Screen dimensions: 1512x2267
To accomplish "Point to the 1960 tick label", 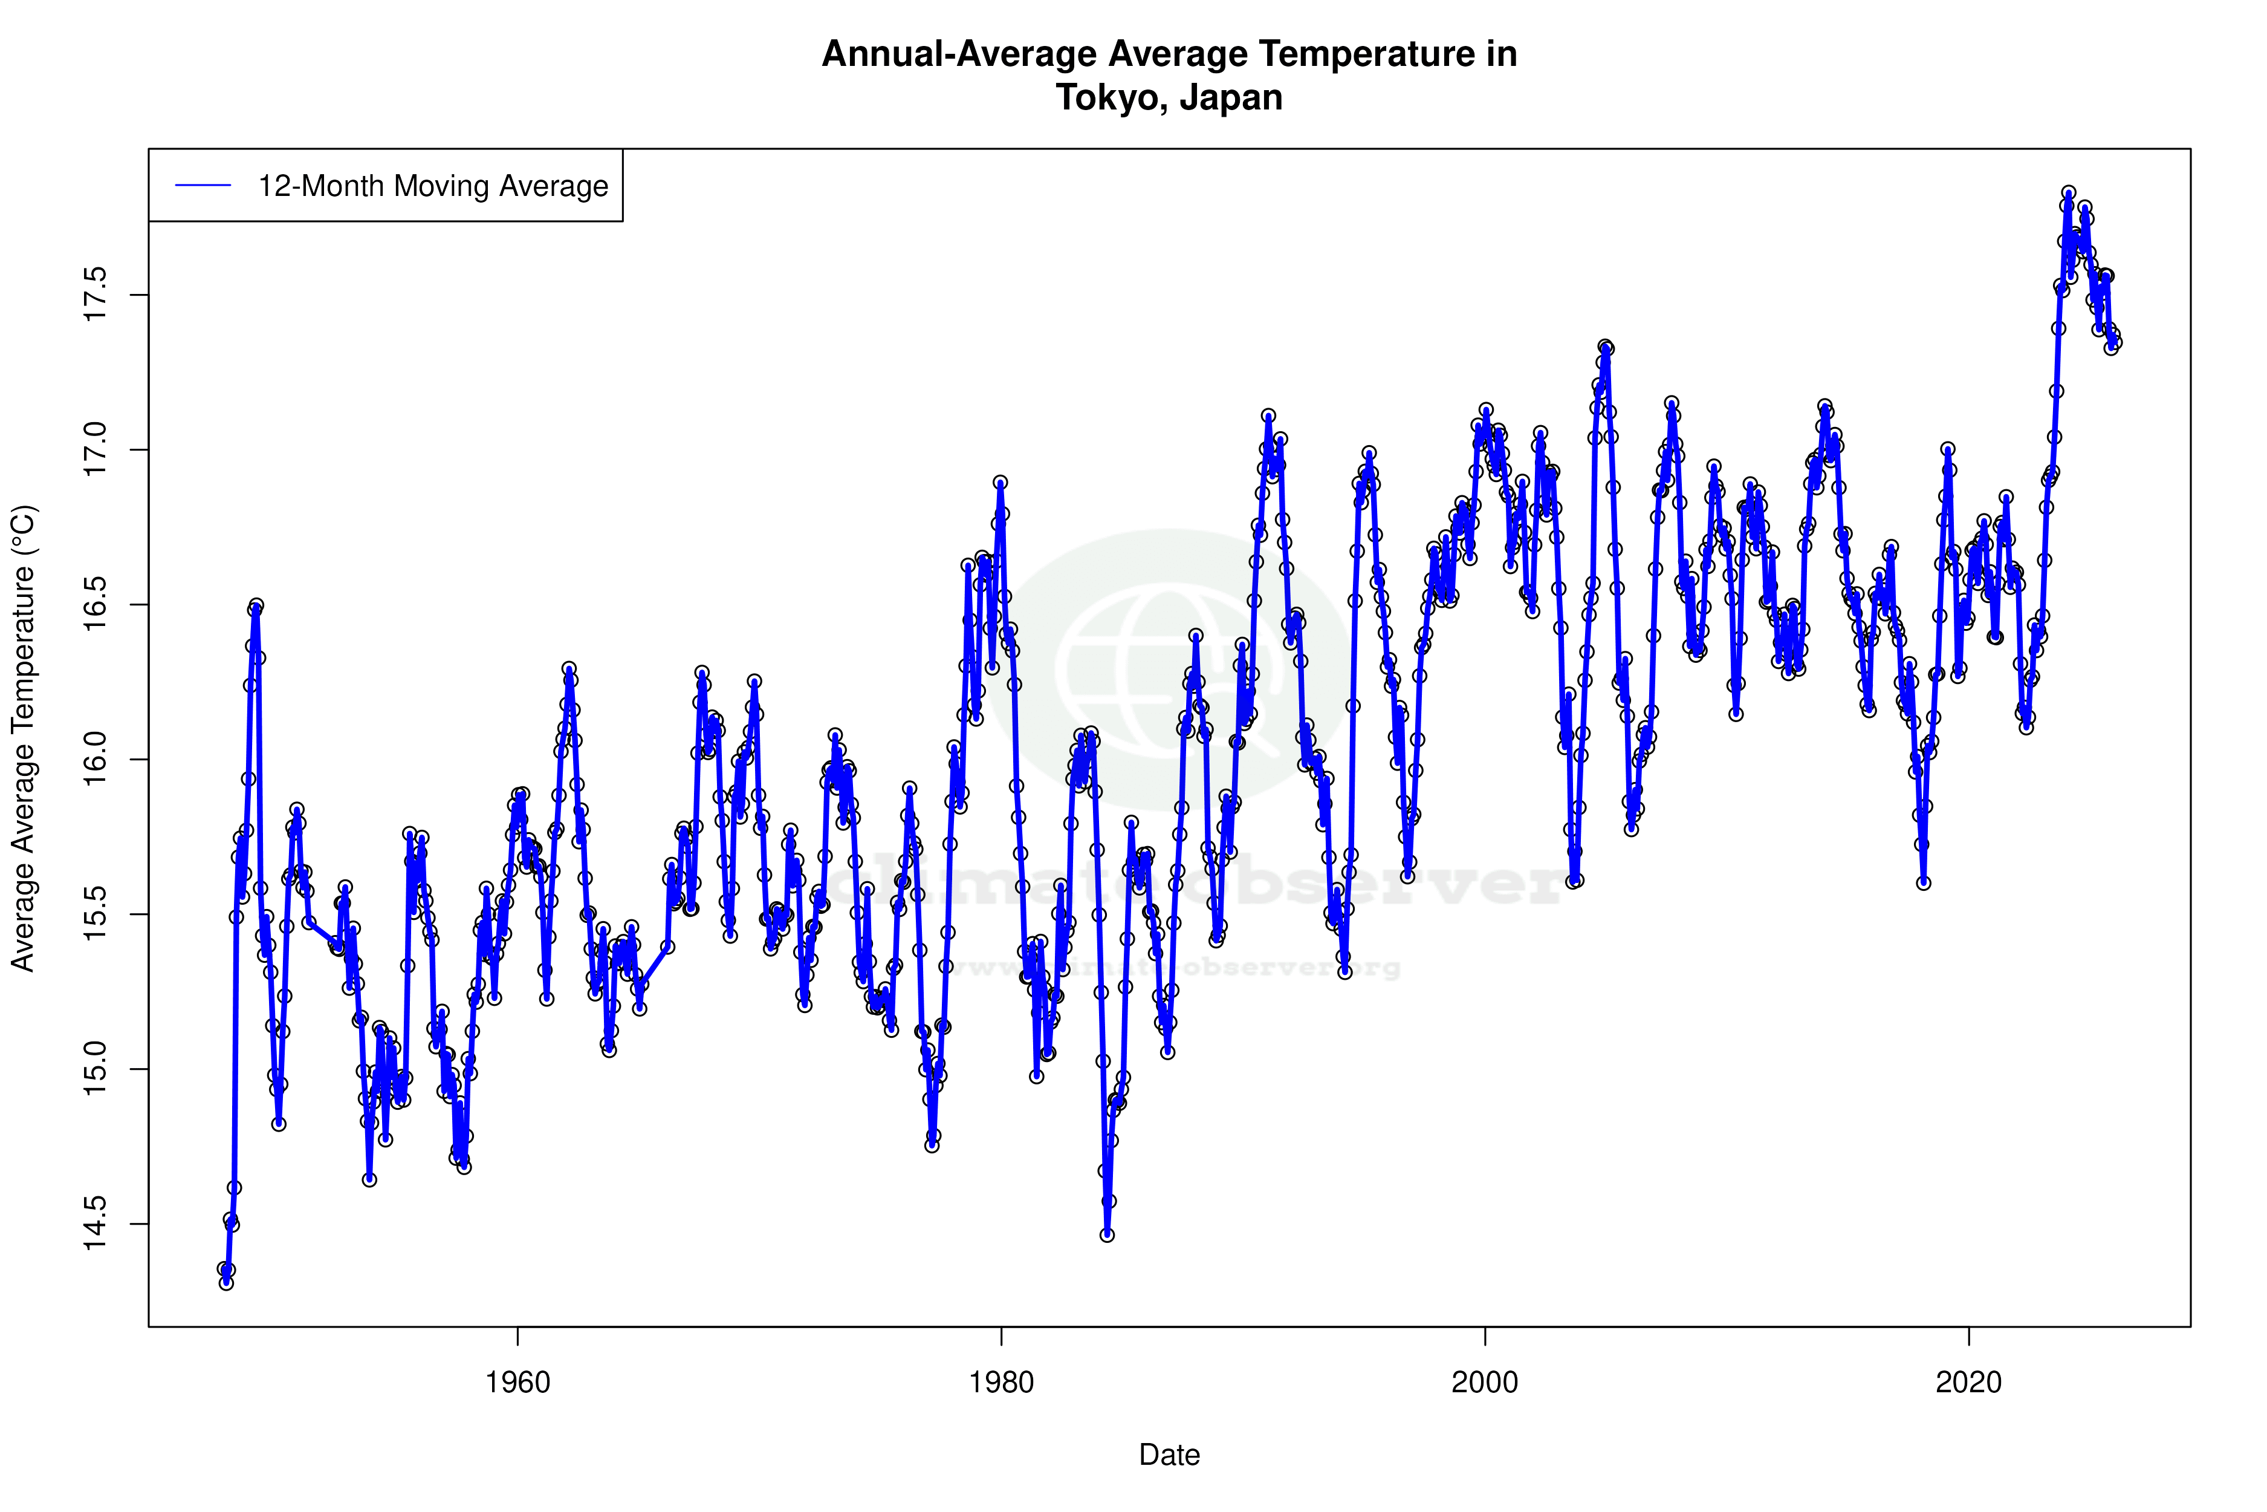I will [517, 1383].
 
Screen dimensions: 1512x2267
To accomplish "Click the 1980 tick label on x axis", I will [1002, 1383].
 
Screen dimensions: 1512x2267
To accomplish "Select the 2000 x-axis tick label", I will [1484, 1383].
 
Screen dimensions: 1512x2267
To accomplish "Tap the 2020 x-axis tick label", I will [1968, 1383].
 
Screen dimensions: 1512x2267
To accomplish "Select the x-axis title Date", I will [1169, 1455].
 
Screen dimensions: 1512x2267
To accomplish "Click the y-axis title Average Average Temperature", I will [23, 738].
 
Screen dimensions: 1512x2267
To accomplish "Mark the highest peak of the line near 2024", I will [2068, 193].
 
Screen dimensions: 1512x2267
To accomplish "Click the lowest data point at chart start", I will [225, 1283].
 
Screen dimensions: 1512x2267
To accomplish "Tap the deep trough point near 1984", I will [1106, 1234].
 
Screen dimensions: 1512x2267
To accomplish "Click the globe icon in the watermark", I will [1168, 670].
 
